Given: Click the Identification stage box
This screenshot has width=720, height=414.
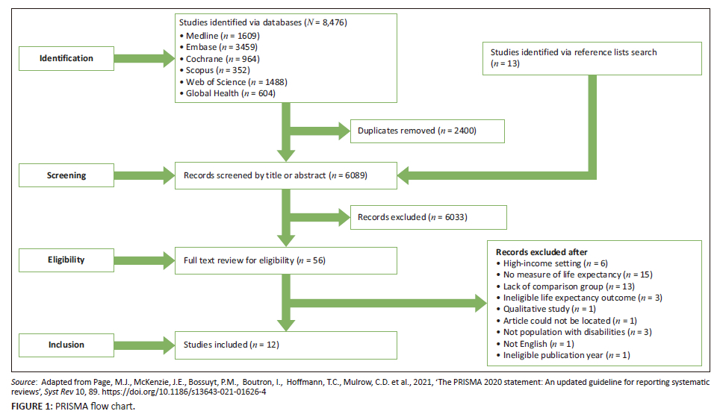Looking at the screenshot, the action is click(66, 58).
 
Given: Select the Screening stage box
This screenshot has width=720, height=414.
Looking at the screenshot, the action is click(66, 175).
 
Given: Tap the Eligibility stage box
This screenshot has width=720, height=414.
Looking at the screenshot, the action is click(66, 260).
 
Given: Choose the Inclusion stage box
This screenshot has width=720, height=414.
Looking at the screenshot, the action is click(66, 345).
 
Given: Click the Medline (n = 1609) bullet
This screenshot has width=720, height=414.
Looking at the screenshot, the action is click(220, 36).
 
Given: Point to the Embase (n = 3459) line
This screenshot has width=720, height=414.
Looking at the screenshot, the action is click(219, 47).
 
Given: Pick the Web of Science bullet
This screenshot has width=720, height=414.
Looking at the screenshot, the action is click(233, 82).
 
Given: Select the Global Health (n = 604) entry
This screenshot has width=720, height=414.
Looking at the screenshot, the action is click(227, 93).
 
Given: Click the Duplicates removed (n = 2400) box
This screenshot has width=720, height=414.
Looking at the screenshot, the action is click(427, 131).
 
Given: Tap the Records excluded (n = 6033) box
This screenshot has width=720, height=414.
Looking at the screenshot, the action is click(429, 217).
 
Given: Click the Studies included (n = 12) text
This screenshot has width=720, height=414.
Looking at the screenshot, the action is click(232, 345).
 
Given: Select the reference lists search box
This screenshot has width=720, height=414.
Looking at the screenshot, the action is click(592, 58).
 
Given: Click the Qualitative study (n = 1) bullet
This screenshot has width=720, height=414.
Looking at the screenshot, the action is click(546, 310).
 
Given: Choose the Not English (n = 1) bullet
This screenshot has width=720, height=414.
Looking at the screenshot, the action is click(535, 344).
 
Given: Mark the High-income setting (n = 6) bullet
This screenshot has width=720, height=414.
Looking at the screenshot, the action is click(552, 263).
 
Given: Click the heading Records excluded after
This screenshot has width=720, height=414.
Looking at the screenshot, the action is click(541, 252).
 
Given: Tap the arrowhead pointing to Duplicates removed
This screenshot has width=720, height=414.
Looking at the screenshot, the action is click(344, 131).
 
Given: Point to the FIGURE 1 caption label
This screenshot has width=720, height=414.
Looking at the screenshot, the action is click(32, 407).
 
